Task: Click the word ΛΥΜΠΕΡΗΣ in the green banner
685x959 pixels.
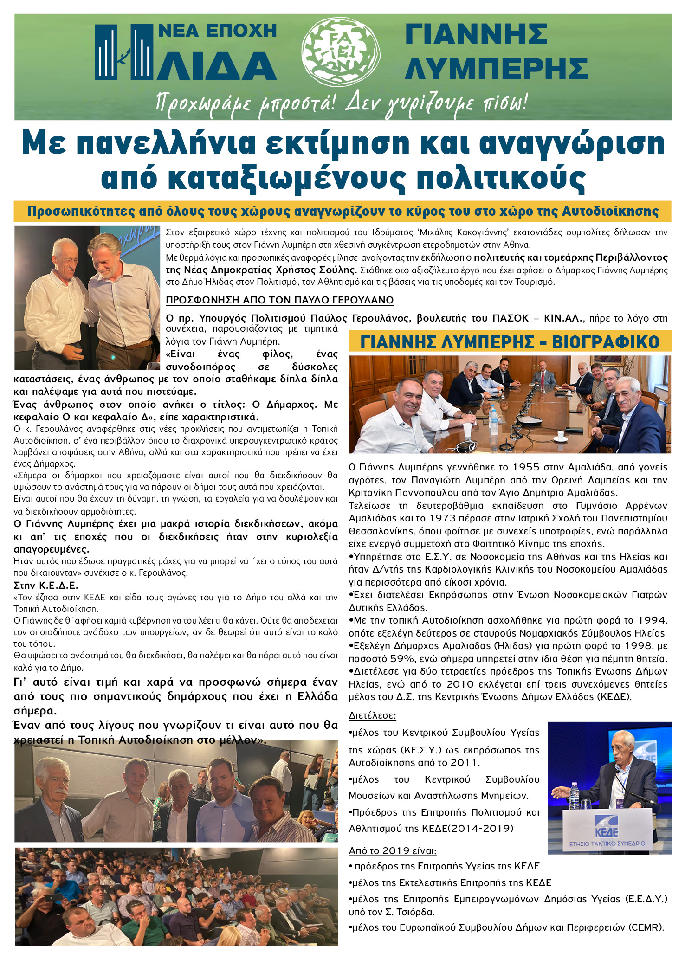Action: pyautogui.click(x=496, y=68)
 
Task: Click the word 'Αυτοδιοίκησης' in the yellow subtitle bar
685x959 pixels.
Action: pyautogui.click(x=610, y=212)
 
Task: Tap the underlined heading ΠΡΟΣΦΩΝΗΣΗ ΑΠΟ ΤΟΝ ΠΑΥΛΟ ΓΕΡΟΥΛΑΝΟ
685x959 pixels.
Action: pyautogui.click(x=279, y=300)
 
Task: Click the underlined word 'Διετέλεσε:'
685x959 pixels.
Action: pyautogui.click(x=372, y=716)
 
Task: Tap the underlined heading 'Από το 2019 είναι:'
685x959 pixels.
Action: pyautogui.click(x=392, y=851)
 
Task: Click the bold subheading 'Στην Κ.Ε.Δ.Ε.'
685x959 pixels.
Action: pyautogui.click(x=46, y=585)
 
